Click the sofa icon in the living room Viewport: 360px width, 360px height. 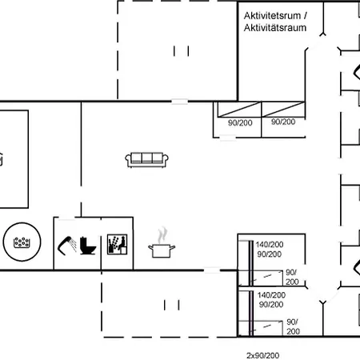point(146,160)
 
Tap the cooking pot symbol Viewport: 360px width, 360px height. point(162,250)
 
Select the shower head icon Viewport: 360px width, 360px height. point(67,246)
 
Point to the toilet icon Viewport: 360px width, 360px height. point(88,246)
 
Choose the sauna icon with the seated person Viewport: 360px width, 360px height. point(117,245)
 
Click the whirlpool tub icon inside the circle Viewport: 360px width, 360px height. point(22,242)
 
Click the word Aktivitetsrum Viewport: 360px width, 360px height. point(272,16)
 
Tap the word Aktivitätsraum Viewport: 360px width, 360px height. point(275,28)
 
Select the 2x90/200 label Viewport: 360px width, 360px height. point(262,355)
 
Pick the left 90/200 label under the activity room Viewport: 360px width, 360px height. point(240,122)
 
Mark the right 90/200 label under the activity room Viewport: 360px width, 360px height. point(283,122)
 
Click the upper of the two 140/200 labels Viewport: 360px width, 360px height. point(270,245)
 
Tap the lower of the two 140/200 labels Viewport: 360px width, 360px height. point(271,295)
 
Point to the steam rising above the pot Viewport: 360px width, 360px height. point(162,235)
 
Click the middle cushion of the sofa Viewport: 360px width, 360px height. point(147,158)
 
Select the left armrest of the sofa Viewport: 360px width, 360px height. point(128,159)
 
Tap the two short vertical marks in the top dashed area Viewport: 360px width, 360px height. point(182,51)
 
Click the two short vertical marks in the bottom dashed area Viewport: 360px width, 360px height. point(171,305)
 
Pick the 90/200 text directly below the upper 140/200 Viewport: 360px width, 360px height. point(270,254)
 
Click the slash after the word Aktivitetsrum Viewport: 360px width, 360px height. point(306,16)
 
